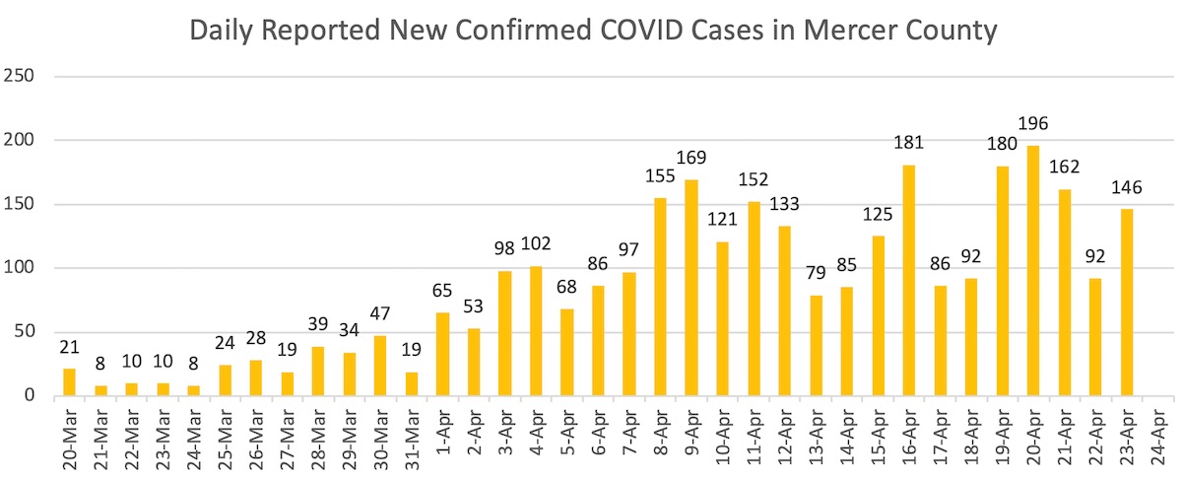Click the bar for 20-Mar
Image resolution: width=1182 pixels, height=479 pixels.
click(69, 382)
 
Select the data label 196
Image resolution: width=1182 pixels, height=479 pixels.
click(1033, 124)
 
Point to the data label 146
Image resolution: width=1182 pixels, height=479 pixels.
click(1127, 187)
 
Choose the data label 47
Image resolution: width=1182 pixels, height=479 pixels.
click(380, 315)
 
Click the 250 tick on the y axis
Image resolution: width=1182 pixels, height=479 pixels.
click(19, 77)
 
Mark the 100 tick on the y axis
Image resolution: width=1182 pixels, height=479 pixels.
click(19, 268)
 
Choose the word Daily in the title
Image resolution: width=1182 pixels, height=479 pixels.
click(223, 31)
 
